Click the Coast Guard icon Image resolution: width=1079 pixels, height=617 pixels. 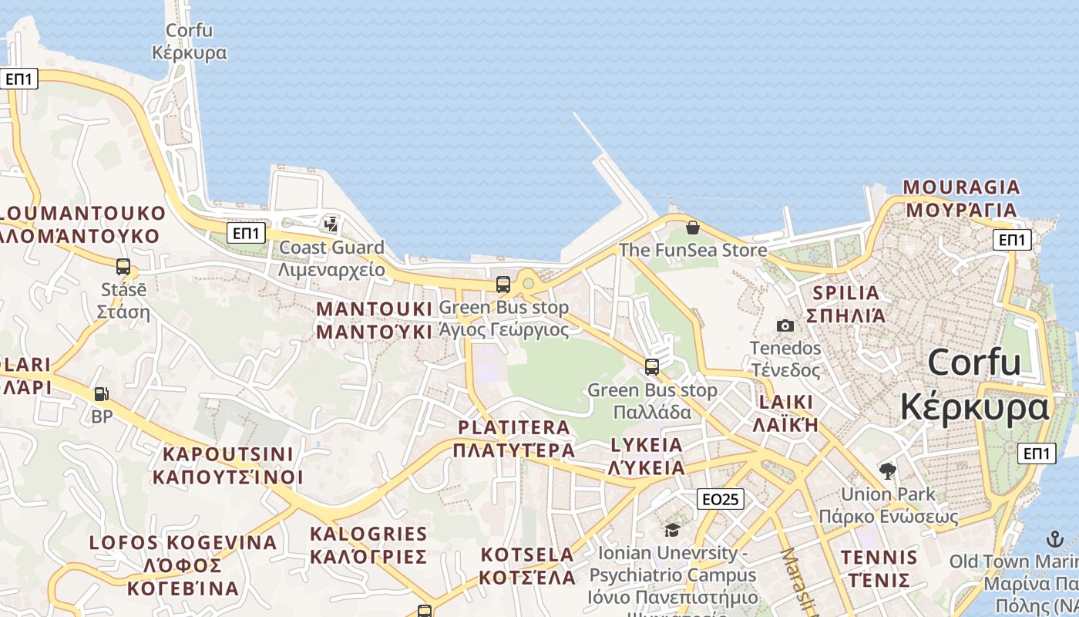point(331,224)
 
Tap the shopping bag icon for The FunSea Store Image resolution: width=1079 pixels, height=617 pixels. point(693,228)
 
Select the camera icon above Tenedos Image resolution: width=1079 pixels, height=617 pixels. point(785,325)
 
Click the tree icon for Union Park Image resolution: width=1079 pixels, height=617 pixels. point(888,470)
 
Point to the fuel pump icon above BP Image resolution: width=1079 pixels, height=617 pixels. point(101,394)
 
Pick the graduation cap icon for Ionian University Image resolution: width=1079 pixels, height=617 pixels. point(673,530)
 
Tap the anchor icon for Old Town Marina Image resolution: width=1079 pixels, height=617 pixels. point(1054,538)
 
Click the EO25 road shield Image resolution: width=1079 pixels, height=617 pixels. point(721,499)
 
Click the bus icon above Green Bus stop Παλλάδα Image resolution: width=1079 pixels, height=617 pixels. point(652,366)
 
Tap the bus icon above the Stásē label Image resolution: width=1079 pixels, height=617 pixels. point(123,267)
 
